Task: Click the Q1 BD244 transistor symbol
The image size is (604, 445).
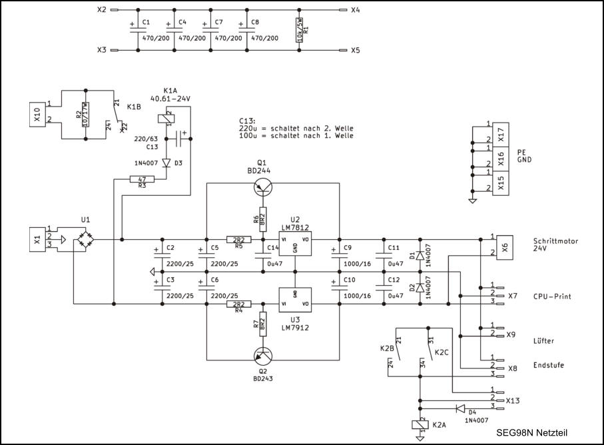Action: point(263,189)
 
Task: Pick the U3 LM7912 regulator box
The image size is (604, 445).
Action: point(295,298)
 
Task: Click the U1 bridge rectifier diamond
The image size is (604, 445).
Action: point(84,238)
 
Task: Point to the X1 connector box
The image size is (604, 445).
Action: point(37,239)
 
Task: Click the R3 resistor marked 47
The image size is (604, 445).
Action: point(141,179)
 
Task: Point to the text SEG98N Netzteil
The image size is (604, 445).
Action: point(531,432)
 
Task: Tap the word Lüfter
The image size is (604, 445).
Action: point(543,341)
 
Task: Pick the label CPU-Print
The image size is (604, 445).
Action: point(554,296)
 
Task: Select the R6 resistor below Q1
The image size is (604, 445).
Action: point(263,217)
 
